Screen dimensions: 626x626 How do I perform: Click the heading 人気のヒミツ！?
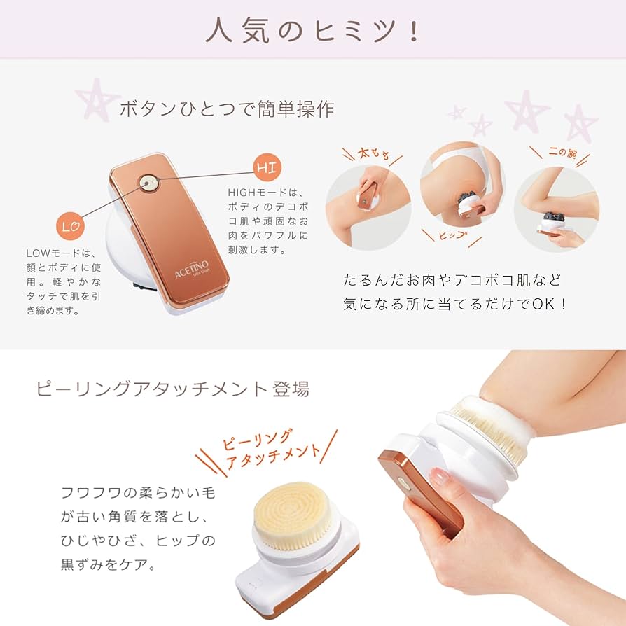312,30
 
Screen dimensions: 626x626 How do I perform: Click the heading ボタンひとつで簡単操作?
227,109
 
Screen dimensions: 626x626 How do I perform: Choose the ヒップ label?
452,236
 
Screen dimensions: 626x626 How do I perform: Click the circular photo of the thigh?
368,207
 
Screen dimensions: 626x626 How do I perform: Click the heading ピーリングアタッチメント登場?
172,389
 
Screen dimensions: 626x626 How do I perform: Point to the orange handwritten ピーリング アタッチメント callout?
270,452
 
